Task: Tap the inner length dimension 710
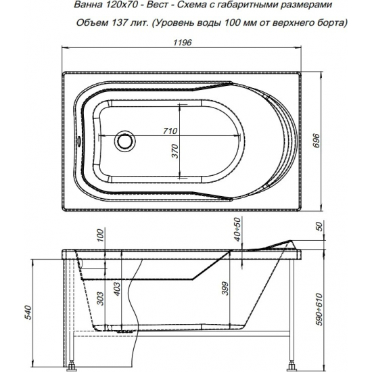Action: click(169, 131)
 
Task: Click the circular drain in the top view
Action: click(124, 141)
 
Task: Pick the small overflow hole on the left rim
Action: click(80, 141)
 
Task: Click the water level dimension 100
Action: click(99, 237)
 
